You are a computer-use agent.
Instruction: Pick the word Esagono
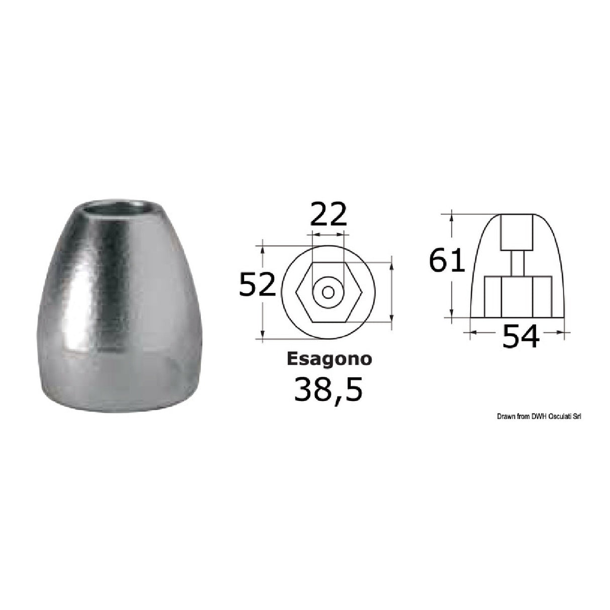[x=329, y=359]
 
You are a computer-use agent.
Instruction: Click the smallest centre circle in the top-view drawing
[x=328, y=292]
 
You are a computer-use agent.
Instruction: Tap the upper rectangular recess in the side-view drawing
[x=517, y=232]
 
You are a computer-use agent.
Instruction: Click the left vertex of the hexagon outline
[x=297, y=292]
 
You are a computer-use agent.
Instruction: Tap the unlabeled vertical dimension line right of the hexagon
[x=391, y=292]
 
